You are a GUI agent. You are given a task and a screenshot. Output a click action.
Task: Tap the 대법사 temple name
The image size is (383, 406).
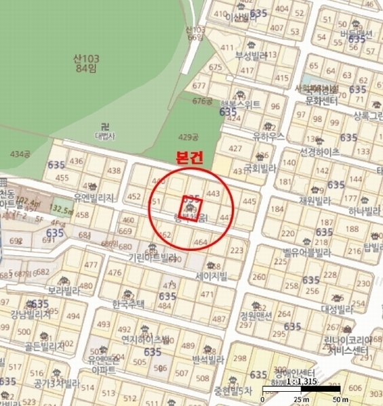[104, 135]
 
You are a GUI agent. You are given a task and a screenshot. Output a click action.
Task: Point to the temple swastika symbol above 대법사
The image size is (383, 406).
[104, 126]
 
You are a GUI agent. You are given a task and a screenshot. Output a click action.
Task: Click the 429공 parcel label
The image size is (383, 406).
[187, 137]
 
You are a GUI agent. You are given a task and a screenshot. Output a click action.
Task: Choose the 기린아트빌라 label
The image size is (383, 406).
[153, 257]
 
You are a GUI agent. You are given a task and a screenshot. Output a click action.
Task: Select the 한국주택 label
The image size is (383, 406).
[129, 304]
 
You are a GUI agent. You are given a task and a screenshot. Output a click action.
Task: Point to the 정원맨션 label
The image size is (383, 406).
[256, 315]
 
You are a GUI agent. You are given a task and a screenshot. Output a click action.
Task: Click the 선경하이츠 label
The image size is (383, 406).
[319, 152]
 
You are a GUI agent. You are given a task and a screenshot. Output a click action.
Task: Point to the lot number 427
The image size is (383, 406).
[236, 148]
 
